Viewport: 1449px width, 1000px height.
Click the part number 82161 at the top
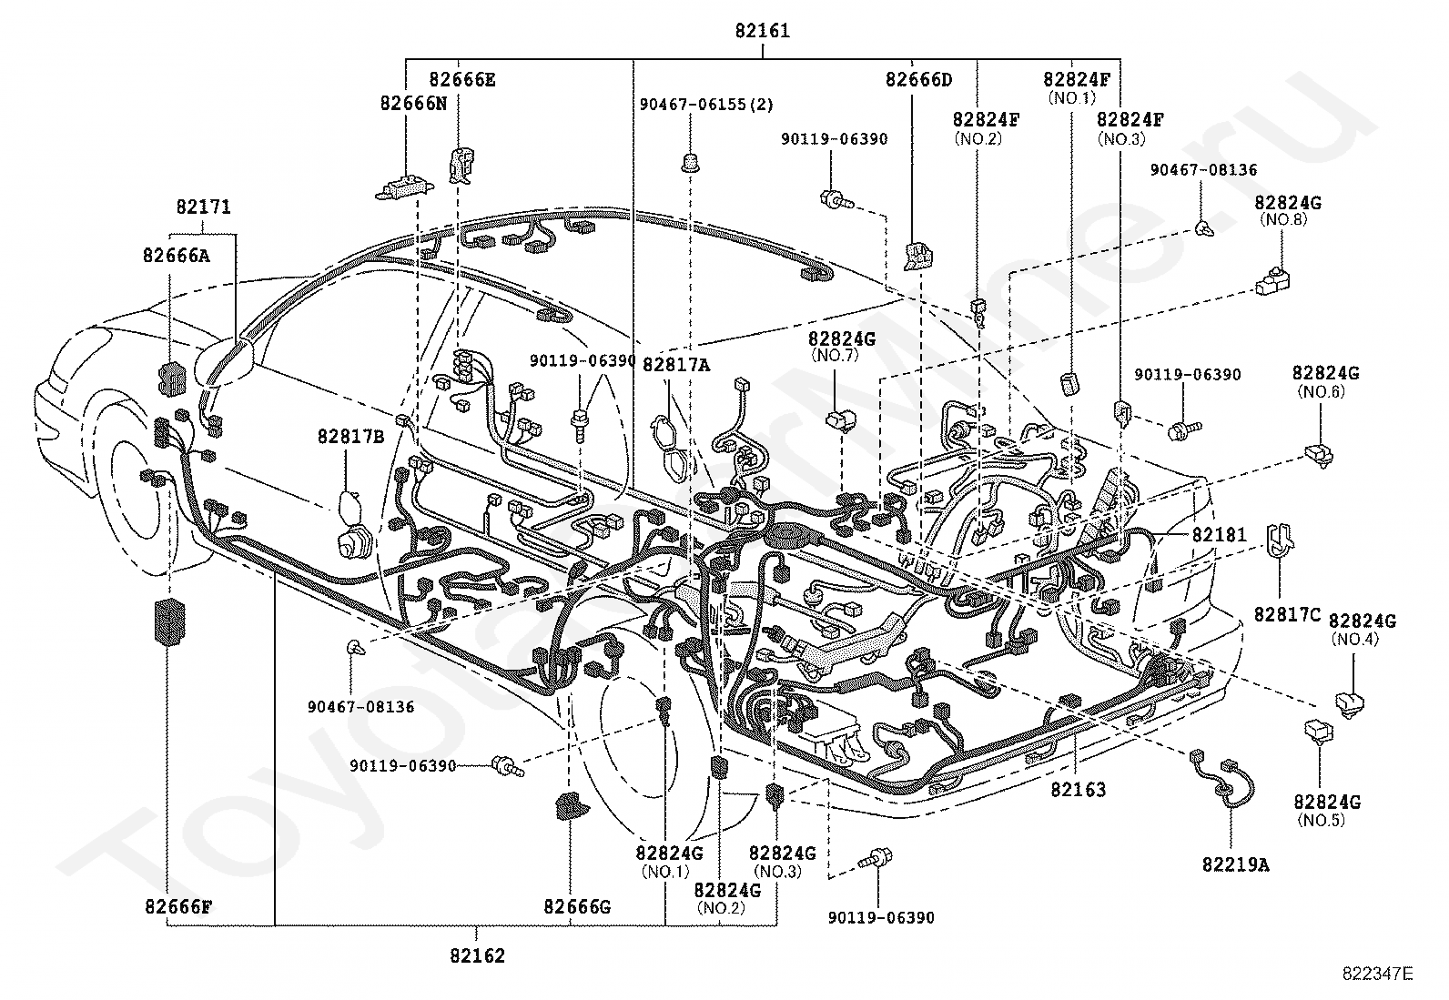pyautogui.click(x=762, y=30)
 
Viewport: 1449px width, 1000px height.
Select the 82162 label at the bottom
pyautogui.click(x=478, y=955)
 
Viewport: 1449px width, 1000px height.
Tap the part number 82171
pyautogui.click(x=203, y=207)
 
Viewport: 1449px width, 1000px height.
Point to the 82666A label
pyautogui.click(x=176, y=255)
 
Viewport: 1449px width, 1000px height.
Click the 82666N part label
pyautogui.click(x=413, y=103)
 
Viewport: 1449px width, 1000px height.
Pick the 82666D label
pyautogui.click(x=918, y=79)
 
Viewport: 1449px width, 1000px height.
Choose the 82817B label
pyautogui.click(x=350, y=437)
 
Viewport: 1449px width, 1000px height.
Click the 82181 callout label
pyautogui.click(x=1219, y=534)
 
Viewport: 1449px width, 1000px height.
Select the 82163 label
pyautogui.click(x=1079, y=789)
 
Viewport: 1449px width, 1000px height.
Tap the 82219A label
pyautogui.click(x=1235, y=864)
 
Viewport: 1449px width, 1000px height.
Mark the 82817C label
pyautogui.click(x=1287, y=614)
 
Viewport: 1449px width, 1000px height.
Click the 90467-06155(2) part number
pyautogui.click(x=706, y=104)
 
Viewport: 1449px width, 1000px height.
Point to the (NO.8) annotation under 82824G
pyautogui.click(x=1283, y=219)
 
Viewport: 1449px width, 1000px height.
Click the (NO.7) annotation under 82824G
pyautogui.click(x=835, y=355)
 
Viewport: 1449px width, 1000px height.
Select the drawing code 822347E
pyautogui.click(x=1377, y=974)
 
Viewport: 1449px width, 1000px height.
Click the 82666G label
pyautogui.click(x=577, y=907)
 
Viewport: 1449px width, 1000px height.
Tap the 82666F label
pyautogui.click(x=178, y=907)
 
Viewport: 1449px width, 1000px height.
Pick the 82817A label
pyautogui.click(x=676, y=366)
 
